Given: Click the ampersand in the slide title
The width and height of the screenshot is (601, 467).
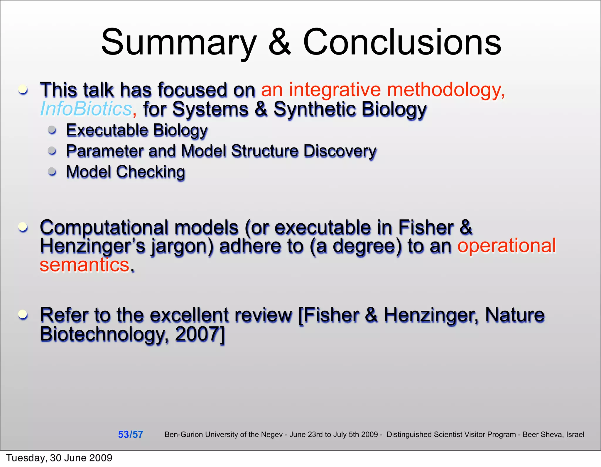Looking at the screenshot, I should pos(280,43).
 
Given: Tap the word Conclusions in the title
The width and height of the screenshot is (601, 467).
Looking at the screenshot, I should pos(402,43).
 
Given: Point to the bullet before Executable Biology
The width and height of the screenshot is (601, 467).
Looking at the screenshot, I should pos(52,130).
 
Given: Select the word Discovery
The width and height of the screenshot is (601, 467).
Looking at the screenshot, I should pos(340,151).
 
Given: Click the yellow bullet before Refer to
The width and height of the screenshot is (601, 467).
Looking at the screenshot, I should pos(23,315).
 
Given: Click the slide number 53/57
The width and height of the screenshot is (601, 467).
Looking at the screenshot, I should pos(130,434).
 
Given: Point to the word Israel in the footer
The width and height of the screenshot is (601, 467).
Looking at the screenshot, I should pos(575,434).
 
